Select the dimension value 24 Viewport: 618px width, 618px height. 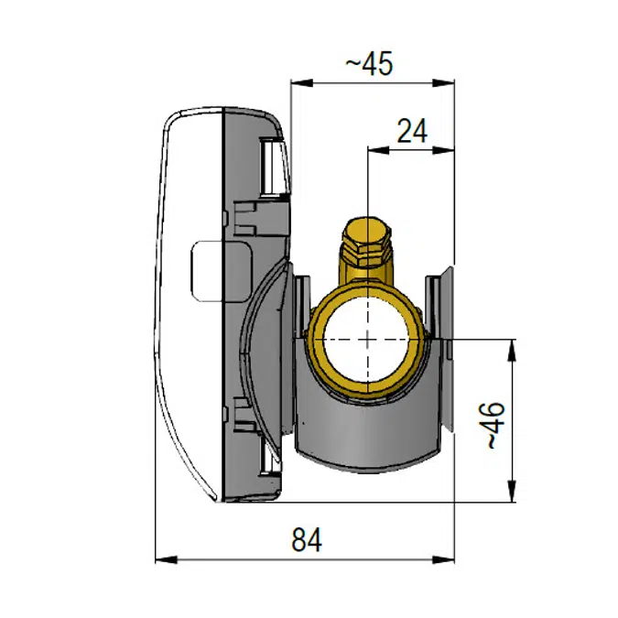(x=412, y=131)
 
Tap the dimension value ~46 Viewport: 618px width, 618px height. (x=493, y=425)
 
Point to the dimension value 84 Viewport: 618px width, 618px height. (x=308, y=540)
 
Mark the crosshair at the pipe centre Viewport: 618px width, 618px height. (x=366, y=339)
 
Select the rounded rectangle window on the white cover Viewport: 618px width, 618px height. (x=205, y=272)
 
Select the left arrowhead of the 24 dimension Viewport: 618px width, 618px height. (x=373, y=148)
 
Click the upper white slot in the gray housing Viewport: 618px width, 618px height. (x=272, y=167)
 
